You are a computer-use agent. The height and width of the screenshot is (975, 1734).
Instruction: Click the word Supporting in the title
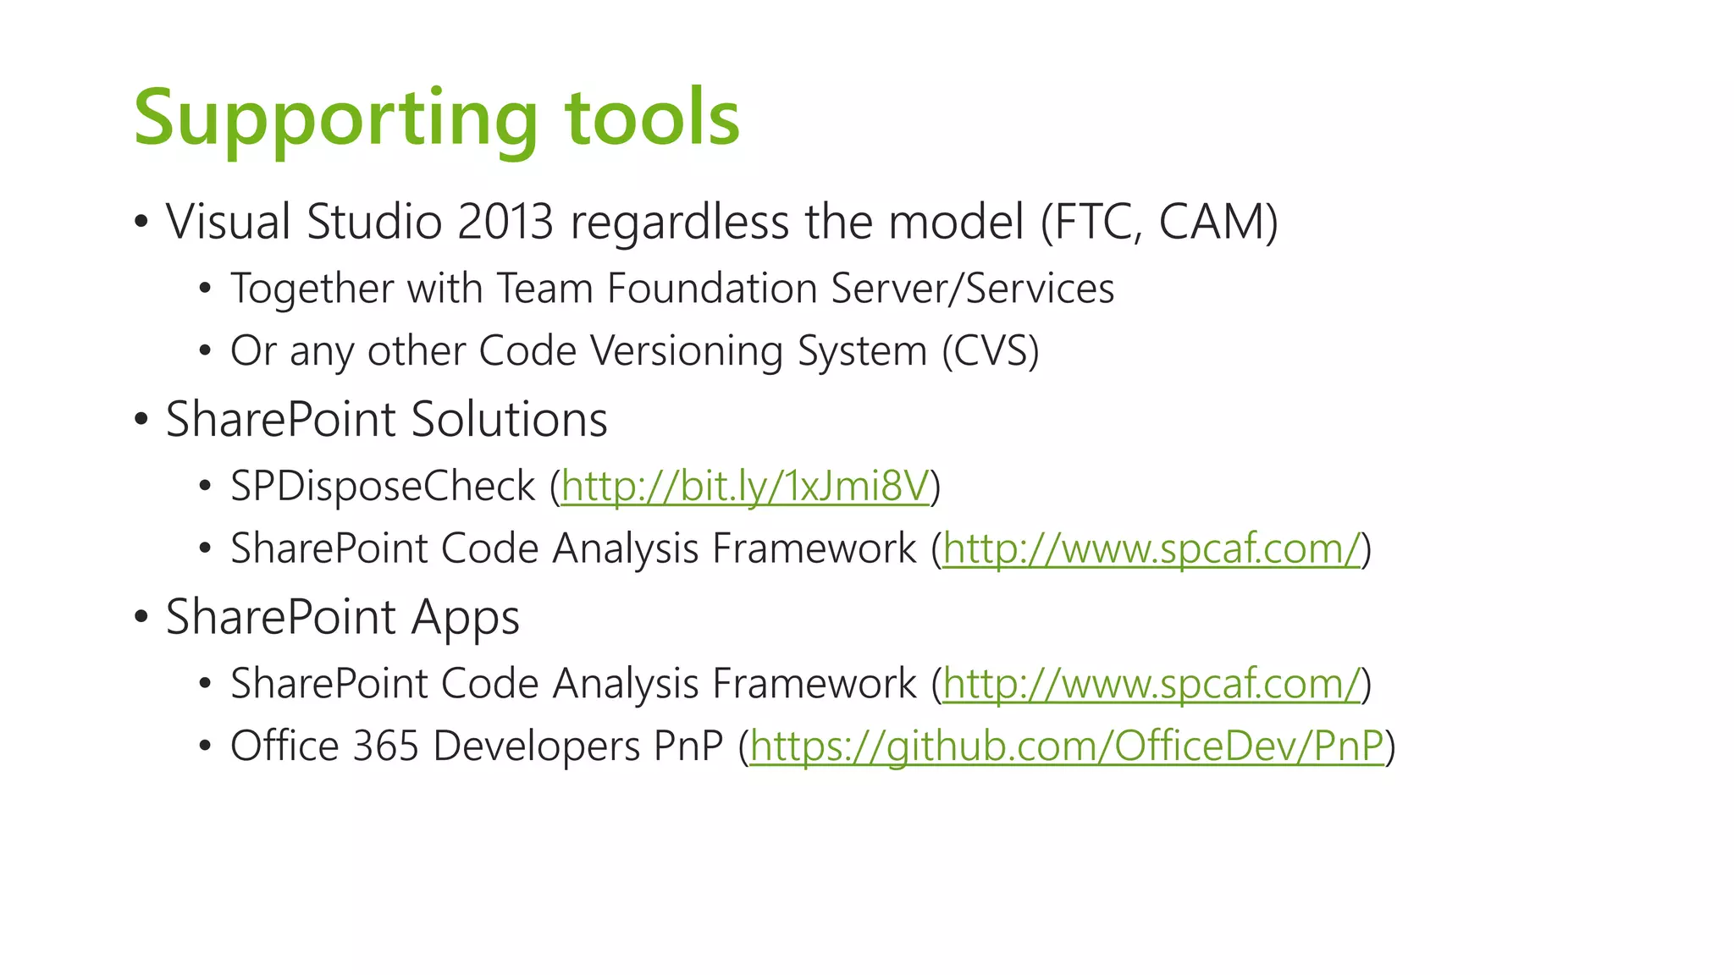click(x=335, y=118)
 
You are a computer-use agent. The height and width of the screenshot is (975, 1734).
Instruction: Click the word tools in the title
click(x=652, y=118)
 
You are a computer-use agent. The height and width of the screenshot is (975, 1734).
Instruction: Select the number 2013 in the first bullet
click(x=505, y=222)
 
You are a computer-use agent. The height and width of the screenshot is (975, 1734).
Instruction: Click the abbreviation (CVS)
click(x=990, y=350)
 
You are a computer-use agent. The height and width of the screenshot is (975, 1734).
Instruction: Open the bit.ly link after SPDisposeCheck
click(x=745, y=487)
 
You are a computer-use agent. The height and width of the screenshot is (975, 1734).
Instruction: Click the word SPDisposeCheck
click(x=383, y=487)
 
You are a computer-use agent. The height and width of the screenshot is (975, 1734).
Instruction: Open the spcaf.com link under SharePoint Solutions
click(x=1151, y=548)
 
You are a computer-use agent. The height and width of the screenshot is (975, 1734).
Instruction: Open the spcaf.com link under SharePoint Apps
click(x=1151, y=684)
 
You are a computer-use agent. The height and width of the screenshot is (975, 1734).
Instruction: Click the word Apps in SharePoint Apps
click(x=465, y=617)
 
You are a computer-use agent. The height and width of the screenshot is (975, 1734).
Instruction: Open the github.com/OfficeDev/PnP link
click(x=1067, y=746)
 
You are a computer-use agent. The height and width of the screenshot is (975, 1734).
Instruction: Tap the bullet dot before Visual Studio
click(x=141, y=223)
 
